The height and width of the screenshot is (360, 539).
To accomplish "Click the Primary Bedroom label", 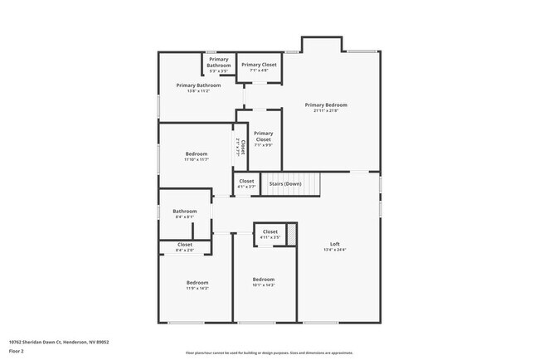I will pos(325,105).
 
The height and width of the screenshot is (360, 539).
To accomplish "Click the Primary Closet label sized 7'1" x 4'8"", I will pos(259,65).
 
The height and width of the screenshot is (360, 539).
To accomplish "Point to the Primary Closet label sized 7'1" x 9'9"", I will pos(263,136).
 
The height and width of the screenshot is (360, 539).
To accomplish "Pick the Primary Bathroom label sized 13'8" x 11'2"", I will pos(198,85).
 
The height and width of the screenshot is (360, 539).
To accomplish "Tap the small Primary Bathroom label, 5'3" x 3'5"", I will pos(218,62).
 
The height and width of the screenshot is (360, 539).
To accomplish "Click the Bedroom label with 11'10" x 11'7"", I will pos(197,154).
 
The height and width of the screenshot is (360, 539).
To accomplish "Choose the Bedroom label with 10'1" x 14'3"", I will pos(263,280).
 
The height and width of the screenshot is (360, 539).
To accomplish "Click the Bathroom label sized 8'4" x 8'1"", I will pos(185,212).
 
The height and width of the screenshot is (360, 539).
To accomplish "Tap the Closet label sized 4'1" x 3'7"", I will pos(246,181).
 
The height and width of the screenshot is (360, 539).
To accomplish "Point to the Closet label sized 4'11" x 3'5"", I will pos(270,231).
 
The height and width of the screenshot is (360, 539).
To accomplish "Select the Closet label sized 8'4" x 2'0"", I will pos(185,245).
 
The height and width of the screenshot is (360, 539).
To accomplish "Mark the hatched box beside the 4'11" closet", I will pos(291,233).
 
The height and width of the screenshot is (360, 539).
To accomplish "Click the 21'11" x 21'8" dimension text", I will pos(325,110).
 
